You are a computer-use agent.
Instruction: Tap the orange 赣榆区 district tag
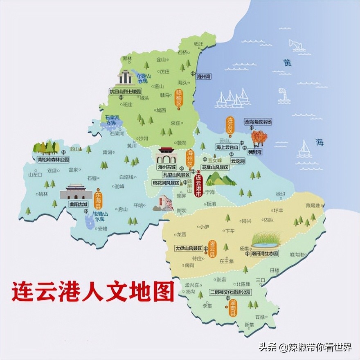(178, 98)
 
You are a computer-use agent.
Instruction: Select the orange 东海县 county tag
(98, 199)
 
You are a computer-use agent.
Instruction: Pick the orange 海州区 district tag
(189, 159)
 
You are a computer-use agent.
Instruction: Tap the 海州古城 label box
(166, 167)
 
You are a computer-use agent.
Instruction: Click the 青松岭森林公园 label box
(53, 159)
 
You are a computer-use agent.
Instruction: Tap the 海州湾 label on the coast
(203, 76)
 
